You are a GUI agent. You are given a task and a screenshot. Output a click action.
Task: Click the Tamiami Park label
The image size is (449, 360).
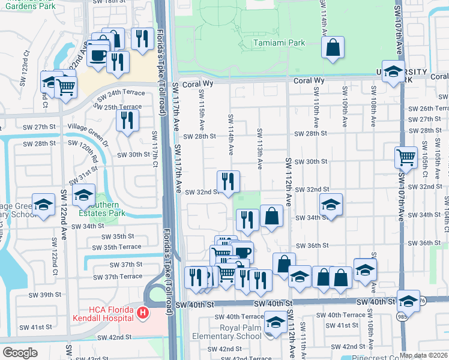pos(279,43)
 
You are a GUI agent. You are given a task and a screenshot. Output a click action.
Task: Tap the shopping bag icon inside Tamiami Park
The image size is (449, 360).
pos(333,48)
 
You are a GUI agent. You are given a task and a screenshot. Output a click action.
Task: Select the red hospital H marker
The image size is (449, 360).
pos(142,313)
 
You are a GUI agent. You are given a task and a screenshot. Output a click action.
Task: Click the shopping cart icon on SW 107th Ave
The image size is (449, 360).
pos(406,158)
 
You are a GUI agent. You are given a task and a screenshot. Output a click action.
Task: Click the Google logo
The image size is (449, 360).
pos(20,353)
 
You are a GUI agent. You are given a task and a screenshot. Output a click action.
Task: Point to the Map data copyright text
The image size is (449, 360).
pos(423,355)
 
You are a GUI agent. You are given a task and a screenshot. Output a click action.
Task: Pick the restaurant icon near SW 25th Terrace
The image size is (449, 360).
pos(127,120)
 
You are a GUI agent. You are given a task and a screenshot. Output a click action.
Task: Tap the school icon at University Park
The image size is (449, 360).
pos(393,72)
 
